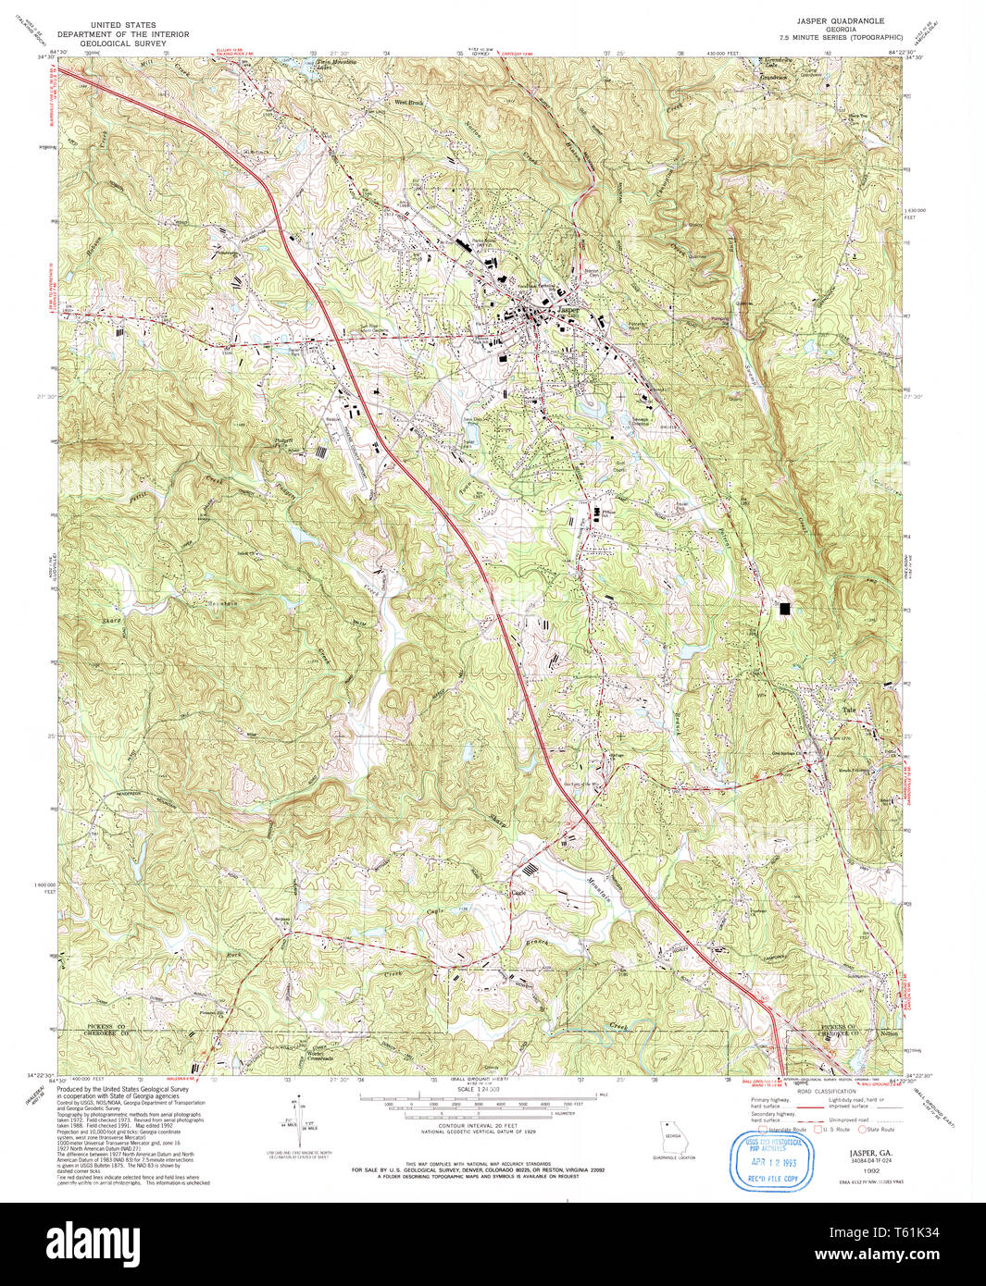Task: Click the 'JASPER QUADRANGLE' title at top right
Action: pos(840,20)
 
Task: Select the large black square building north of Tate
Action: pos(786,608)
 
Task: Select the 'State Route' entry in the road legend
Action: pos(880,1129)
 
